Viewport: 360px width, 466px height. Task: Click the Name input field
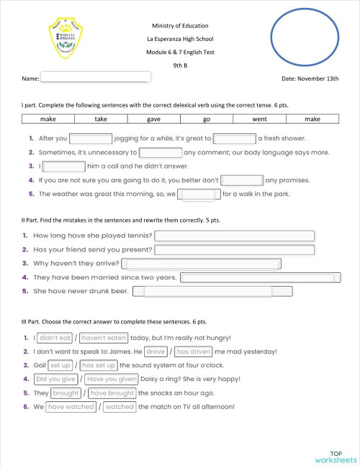[x=95, y=78]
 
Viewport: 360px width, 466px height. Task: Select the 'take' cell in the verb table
[x=102, y=119]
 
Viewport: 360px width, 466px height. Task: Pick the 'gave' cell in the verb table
[x=154, y=119]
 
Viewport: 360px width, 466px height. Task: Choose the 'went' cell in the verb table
[x=259, y=119]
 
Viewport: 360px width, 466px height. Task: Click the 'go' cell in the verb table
[x=207, y=119]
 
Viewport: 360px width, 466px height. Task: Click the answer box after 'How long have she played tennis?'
[x=235, y=236]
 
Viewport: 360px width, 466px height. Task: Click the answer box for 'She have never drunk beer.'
[x=219, y=291]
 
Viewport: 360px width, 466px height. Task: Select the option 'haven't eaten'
[x=104, y=337]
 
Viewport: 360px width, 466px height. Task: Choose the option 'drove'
[x=156, y=351]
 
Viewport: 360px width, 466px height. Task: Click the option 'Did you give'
[x=56, y=379]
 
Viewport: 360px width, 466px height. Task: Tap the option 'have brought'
[x=112, y=393]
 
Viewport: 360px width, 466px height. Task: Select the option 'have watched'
[x=71, y=407]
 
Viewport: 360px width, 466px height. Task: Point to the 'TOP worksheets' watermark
[x=335, y=454]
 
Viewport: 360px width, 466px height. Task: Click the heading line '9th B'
[x=180, y=65]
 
